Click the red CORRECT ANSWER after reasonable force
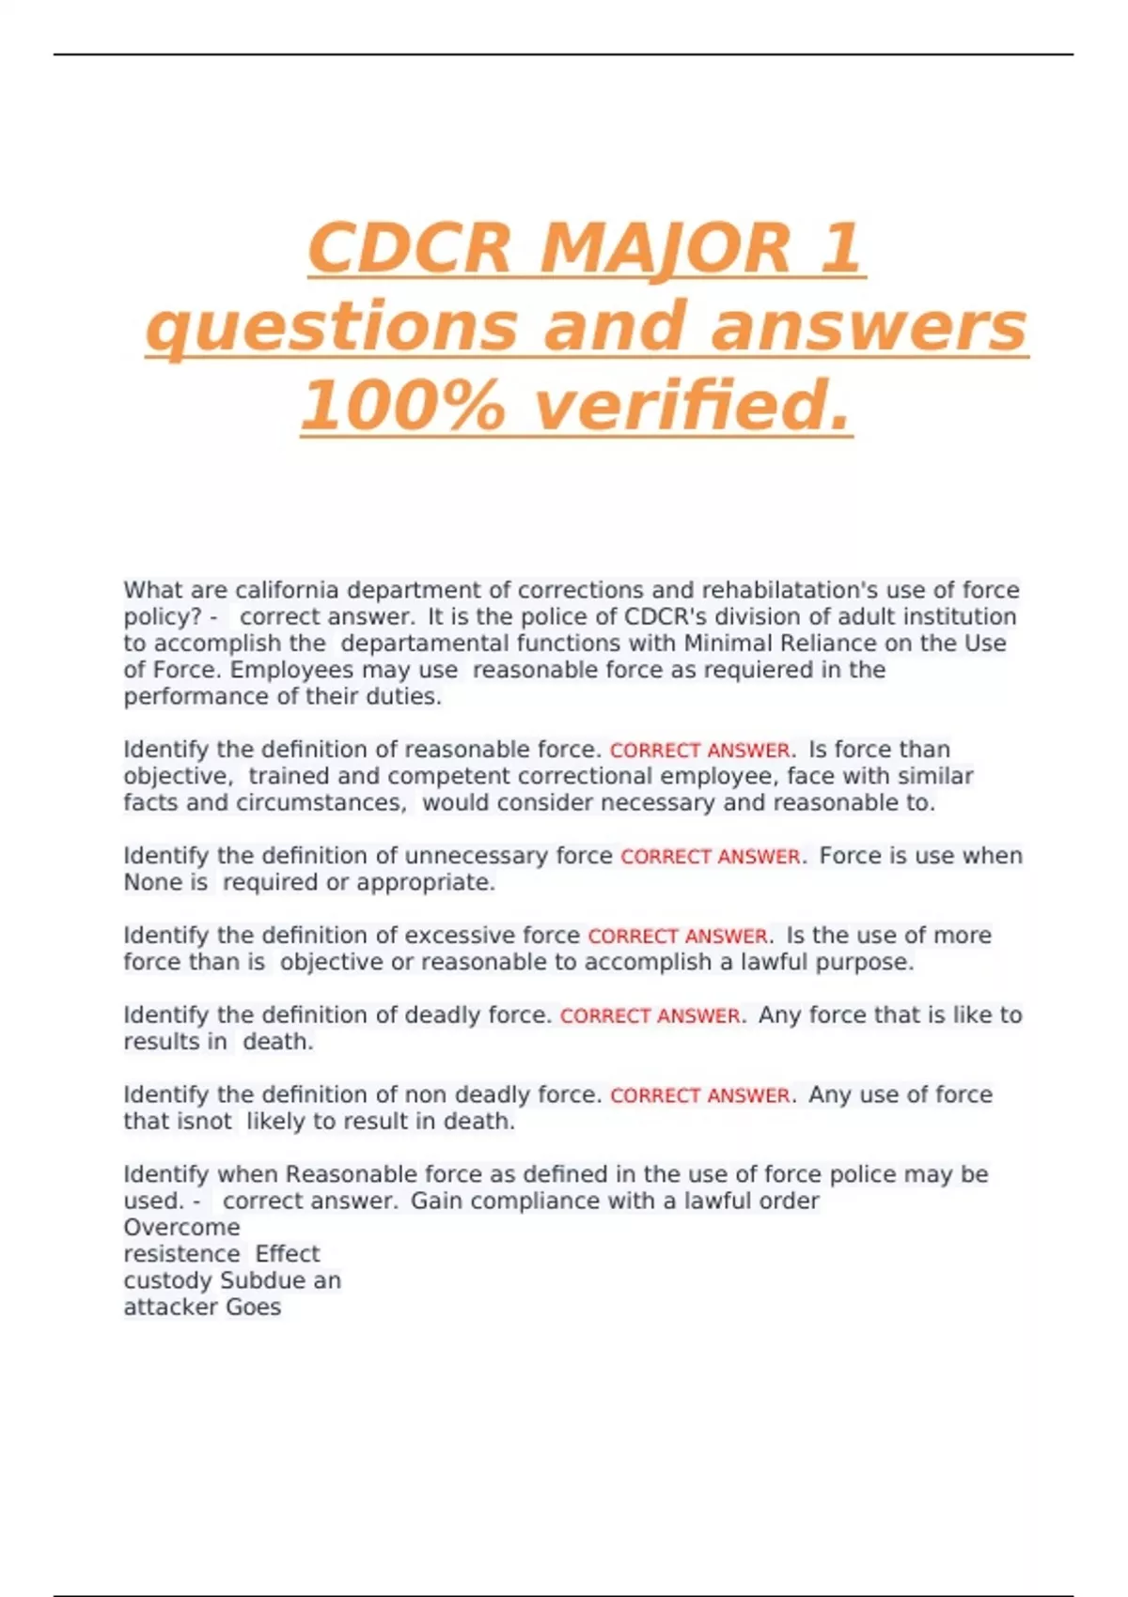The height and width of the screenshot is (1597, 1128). [699, 751]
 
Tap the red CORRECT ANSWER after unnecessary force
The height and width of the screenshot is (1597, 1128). [711, 857]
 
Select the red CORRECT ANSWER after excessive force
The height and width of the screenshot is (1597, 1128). [678, 937]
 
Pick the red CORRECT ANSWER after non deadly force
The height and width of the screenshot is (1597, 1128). [699, 1095]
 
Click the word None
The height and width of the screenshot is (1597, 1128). [153, 883]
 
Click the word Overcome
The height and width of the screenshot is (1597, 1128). [181, 1228]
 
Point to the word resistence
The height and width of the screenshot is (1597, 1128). [181, 1254]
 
